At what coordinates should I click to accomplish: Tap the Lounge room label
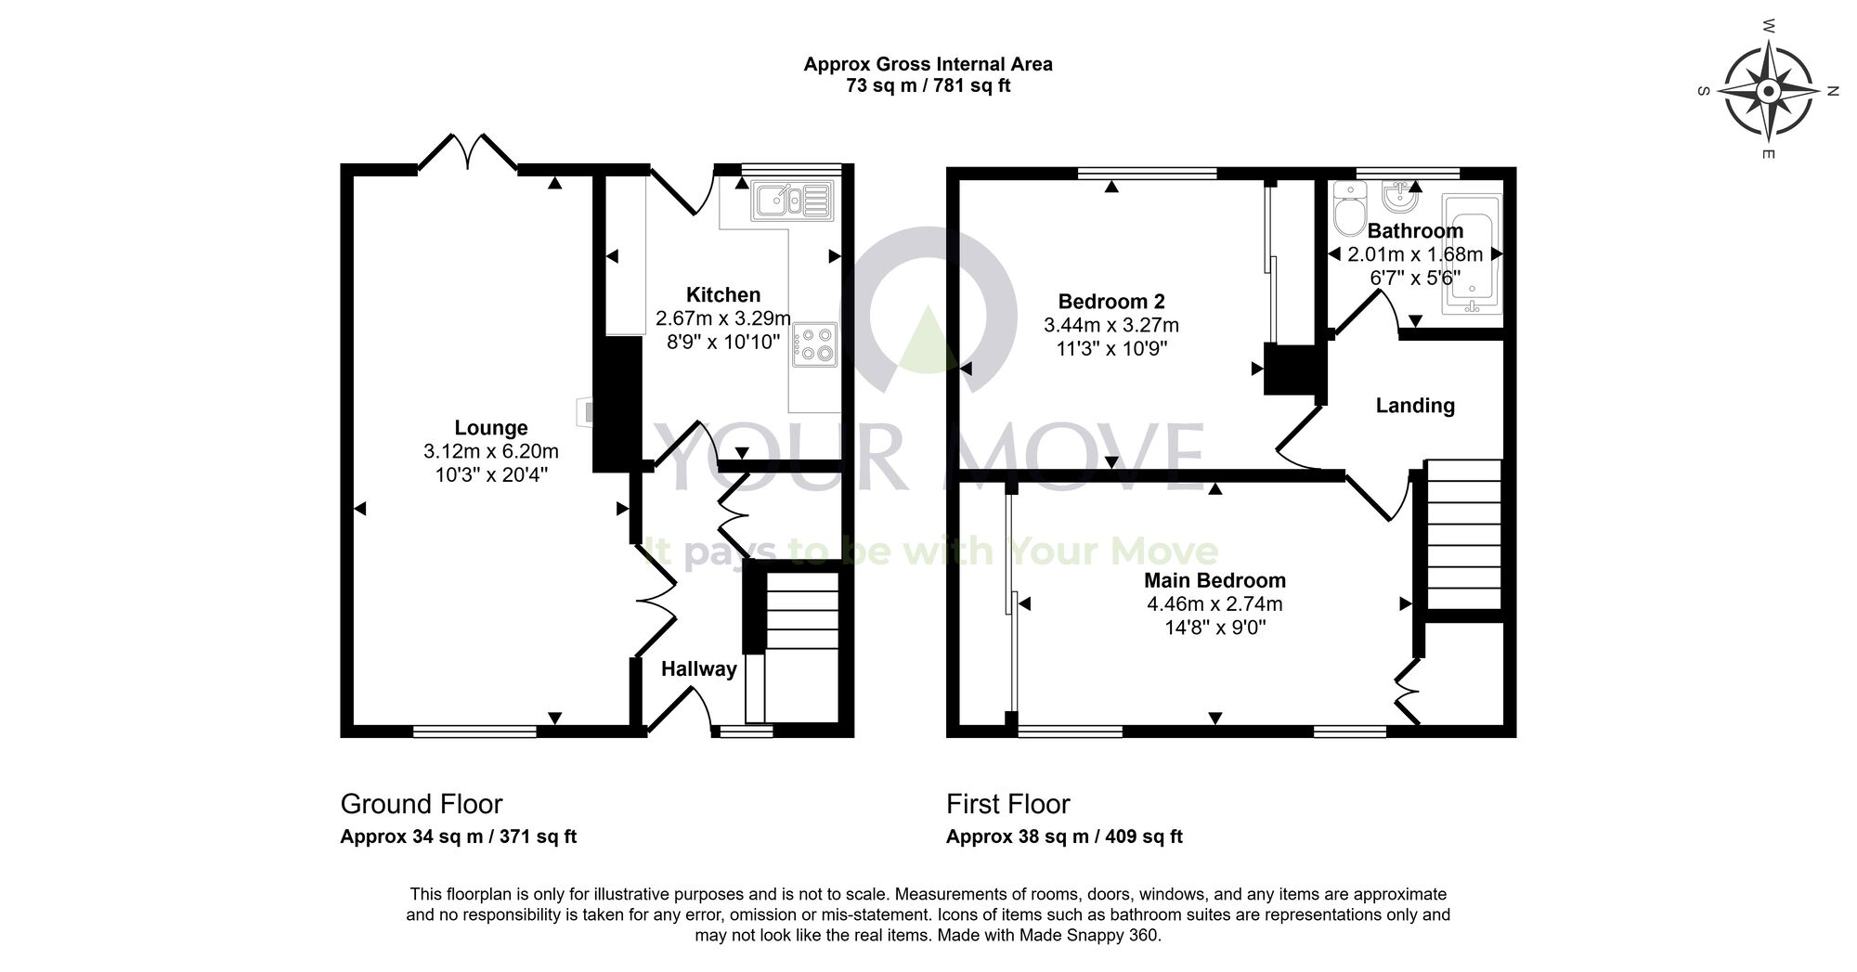(x=491, y=428)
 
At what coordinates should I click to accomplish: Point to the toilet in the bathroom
(x=1348, y=210)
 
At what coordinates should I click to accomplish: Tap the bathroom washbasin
(x=1398, y=198)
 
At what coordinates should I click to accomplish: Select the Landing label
(x=1415, y=406)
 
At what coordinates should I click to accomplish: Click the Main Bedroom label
(x=1214, y=581)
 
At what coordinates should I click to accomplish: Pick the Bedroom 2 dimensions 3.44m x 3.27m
(x=1111, y=326)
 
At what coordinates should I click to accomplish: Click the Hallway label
(x=698, y=669)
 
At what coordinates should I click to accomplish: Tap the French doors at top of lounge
(x=467, y=153)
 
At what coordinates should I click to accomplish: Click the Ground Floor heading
(x=422, y=804)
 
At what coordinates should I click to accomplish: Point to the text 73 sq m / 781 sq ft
(x=928, y=86)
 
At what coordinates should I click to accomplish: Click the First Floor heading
(x=1007, y=804)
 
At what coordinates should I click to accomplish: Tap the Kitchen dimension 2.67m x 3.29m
(x=723, y=318)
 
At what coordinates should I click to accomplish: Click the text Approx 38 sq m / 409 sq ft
(x=1064, y=836)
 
